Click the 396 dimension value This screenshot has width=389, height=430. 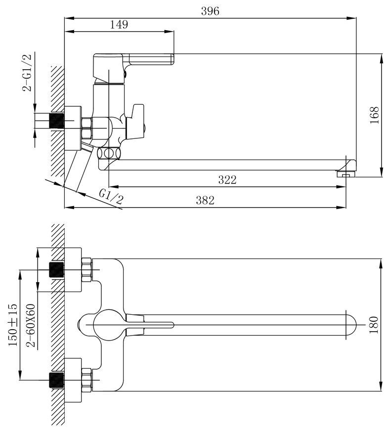click(210, 11)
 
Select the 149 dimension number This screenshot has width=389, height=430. click(119, 24)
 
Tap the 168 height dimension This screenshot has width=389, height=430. click(375, 115)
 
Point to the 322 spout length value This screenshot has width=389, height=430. click(227, 180)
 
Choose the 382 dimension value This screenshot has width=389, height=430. click(205, 201)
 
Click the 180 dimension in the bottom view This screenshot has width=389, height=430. click(374, 325)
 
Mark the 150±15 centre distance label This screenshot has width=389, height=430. click(13, 325)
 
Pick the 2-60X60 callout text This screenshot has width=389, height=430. click(31, 326)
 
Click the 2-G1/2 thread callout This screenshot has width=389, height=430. click(27, 73)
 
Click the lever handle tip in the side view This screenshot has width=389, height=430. click(173, 59)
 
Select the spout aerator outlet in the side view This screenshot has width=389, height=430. click(346, 173)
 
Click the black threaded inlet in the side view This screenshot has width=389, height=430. click(56, 121)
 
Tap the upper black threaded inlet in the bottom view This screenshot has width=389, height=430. click(56, 270)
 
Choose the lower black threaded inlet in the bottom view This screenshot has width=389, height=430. click(56, 380)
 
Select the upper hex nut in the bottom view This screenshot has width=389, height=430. click(86, 270)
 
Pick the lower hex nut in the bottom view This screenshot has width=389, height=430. click(86, 380)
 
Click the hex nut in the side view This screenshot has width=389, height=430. click(86, 128)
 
